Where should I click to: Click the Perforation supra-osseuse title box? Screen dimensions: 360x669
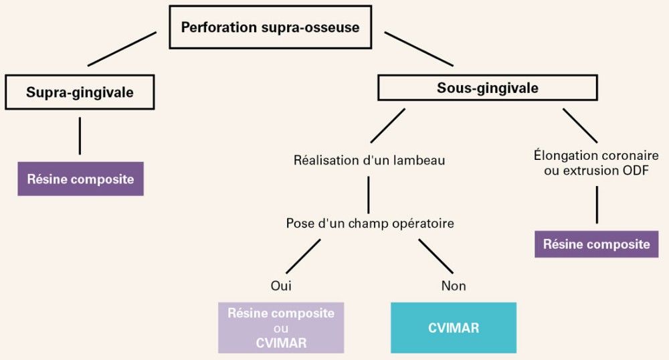[x=270, y=29]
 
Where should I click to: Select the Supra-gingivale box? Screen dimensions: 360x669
[x=80, y=92]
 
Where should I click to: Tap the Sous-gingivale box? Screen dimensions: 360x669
[x=488, y=88]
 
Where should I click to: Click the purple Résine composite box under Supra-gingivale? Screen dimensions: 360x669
[x=80, y=179]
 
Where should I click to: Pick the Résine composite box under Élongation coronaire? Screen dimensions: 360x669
[x=596, y=244]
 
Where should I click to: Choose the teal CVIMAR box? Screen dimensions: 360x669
[x=453, y=328]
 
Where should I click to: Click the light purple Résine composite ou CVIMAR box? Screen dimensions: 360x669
[x=281, y=328]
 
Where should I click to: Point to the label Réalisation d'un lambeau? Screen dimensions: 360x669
[x=369, y=161]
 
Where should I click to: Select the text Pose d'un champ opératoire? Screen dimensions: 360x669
[x=369, y=223]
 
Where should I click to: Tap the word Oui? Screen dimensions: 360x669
[x=281, y=286]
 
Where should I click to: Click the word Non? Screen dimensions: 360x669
[x=454, y=286]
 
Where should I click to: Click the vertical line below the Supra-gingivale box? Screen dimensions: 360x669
[x=80, y=136]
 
